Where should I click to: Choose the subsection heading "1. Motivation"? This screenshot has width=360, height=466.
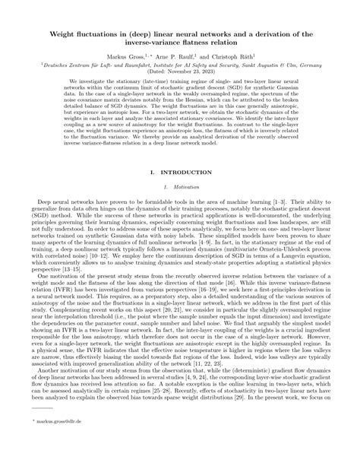[x=180, y=188]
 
